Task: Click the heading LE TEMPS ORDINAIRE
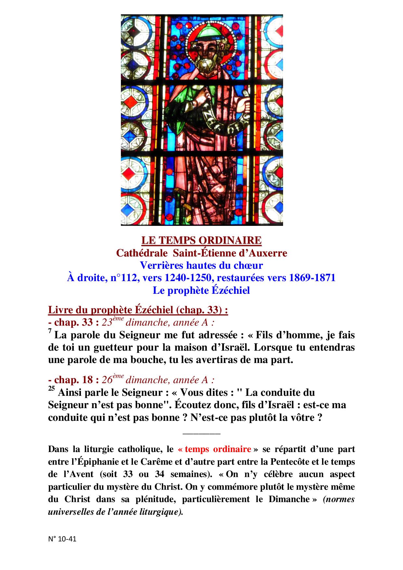coord(201,240)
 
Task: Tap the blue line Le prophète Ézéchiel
coord(201,290)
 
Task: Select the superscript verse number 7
coord(50,331)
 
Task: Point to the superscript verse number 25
coord(51,388)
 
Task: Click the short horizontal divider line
coord(201,434)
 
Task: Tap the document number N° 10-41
coord(62,539)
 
